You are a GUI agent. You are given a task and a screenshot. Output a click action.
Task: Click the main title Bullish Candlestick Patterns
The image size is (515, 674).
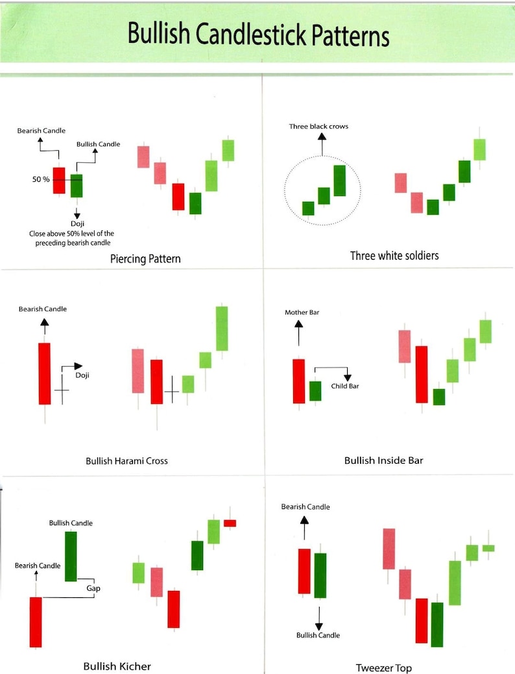[258, 34]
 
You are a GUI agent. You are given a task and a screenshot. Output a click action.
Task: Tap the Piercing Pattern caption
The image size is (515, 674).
[145, 258]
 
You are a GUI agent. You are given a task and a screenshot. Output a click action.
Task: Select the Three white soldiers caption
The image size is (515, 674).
[394, 255]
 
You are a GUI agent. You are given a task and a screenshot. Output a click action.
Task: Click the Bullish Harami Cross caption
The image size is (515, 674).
[126, 461]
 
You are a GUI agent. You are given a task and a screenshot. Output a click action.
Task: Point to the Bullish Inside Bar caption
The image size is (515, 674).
[383, 460]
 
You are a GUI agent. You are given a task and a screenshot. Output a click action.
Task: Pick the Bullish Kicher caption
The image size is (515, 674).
[117, 666]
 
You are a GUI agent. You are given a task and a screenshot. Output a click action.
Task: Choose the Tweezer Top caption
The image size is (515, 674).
[383, 668]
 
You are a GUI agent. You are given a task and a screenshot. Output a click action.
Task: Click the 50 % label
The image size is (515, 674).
[42, 179]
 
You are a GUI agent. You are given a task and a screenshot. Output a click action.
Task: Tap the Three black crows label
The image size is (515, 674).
[318, 126]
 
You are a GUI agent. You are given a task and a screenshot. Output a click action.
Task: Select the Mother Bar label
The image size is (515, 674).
[302, 312]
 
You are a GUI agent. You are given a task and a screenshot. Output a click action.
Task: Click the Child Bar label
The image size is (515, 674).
[344, 386]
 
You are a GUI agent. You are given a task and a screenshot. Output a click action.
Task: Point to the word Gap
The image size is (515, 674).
[93, 588]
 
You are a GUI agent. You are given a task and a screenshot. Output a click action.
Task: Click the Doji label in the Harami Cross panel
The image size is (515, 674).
[82, 375]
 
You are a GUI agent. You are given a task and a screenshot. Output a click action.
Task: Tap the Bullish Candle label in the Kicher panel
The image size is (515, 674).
[71, 523]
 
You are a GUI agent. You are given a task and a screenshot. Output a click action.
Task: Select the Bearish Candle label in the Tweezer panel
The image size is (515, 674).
[305, 506]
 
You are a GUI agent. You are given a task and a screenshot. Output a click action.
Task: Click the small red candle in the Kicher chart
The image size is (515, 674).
[230, 523]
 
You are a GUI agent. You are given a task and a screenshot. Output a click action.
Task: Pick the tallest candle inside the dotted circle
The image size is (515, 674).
[340, 181]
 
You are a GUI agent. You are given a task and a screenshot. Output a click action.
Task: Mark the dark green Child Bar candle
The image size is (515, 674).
[315, 391]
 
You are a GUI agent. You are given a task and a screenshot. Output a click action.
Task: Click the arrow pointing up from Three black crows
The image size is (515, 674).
[322, 144]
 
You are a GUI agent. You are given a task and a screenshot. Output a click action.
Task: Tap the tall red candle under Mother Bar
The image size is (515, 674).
[298, 381]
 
